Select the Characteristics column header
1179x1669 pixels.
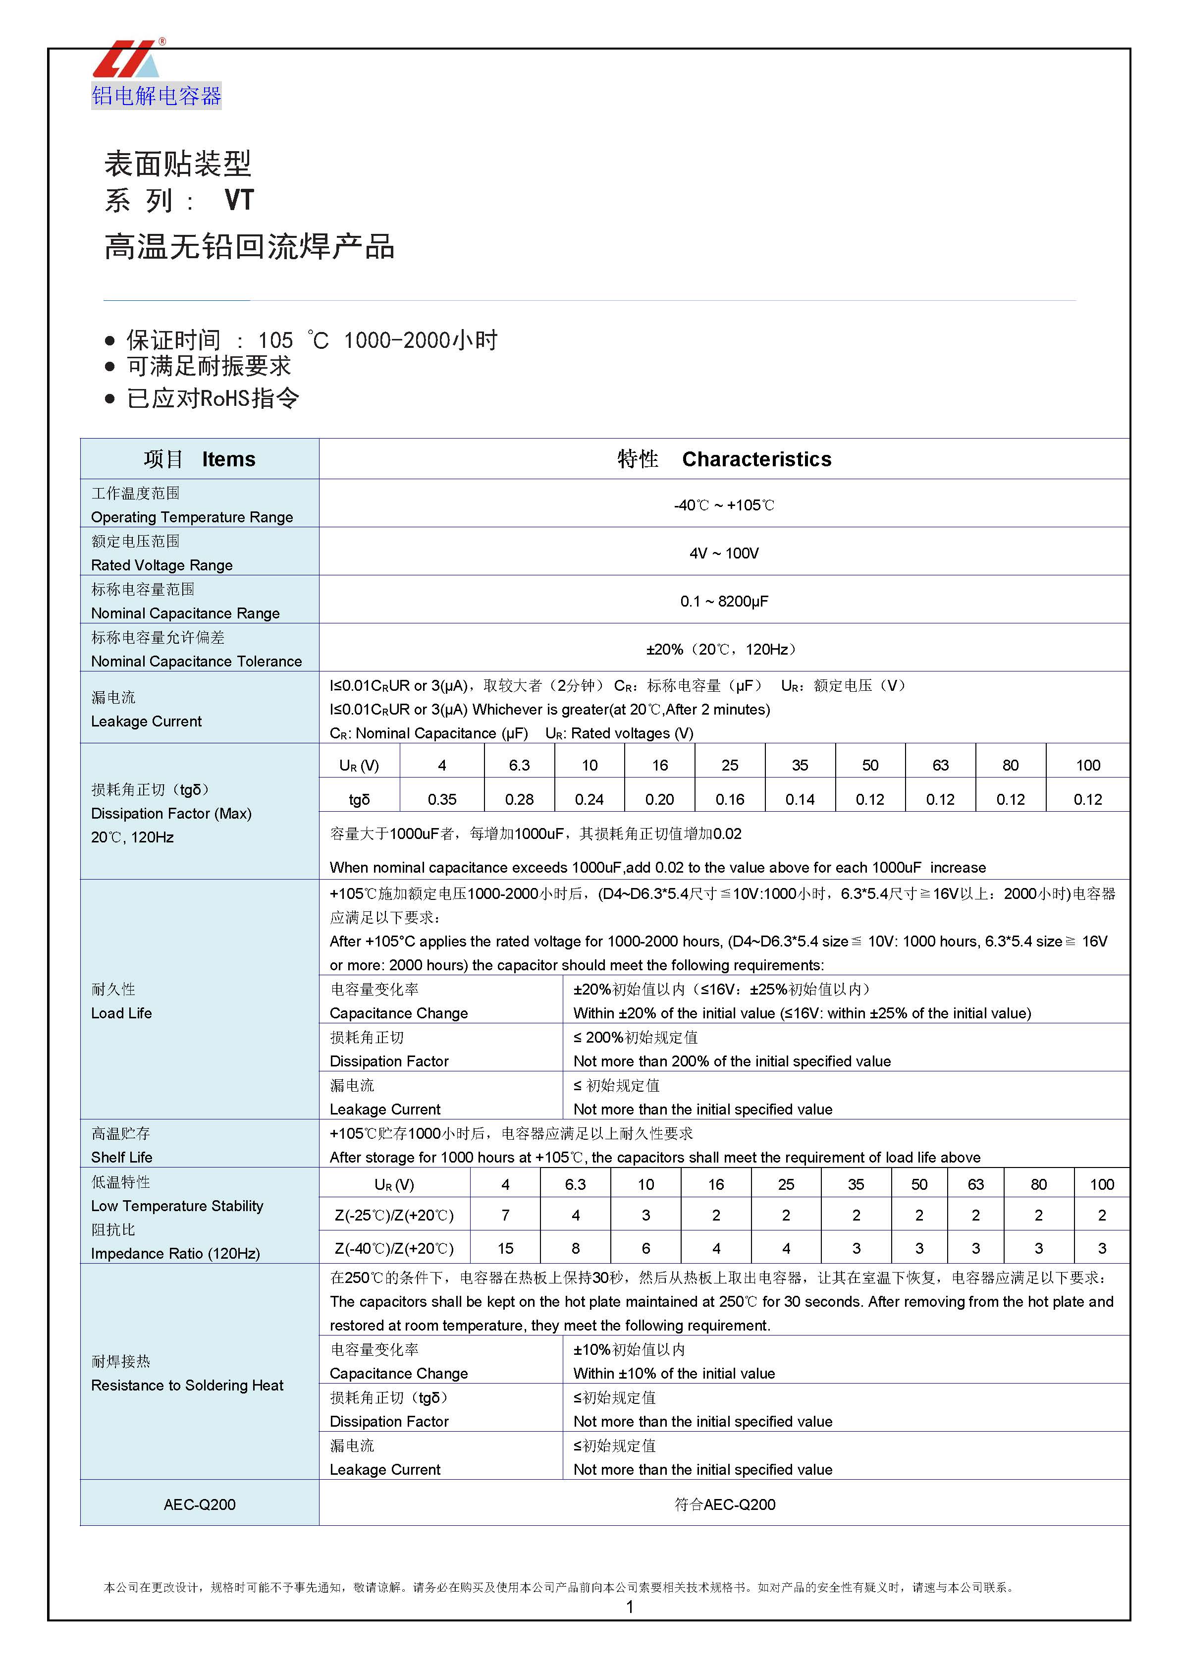(756, 459)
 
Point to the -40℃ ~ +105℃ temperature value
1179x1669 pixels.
(724, 505)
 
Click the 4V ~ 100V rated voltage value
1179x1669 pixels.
(724, 553)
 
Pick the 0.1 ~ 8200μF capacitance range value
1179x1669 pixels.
(724, 601)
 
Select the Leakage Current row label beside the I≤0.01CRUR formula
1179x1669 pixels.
(146, 721)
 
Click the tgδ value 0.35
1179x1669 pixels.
(442, 800)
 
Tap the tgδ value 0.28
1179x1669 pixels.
(519, 800)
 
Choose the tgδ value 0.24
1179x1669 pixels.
(589, 800)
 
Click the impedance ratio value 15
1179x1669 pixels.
(505, 1248)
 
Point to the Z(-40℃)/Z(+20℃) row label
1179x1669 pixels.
(394, 1248)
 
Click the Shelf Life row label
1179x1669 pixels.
(121, 1157)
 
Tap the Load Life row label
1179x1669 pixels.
(121, 1013)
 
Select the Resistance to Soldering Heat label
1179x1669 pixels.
(187, 1386)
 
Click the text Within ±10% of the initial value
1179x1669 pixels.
(674, 1373)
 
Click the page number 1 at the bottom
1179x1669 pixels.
(630, 1607)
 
